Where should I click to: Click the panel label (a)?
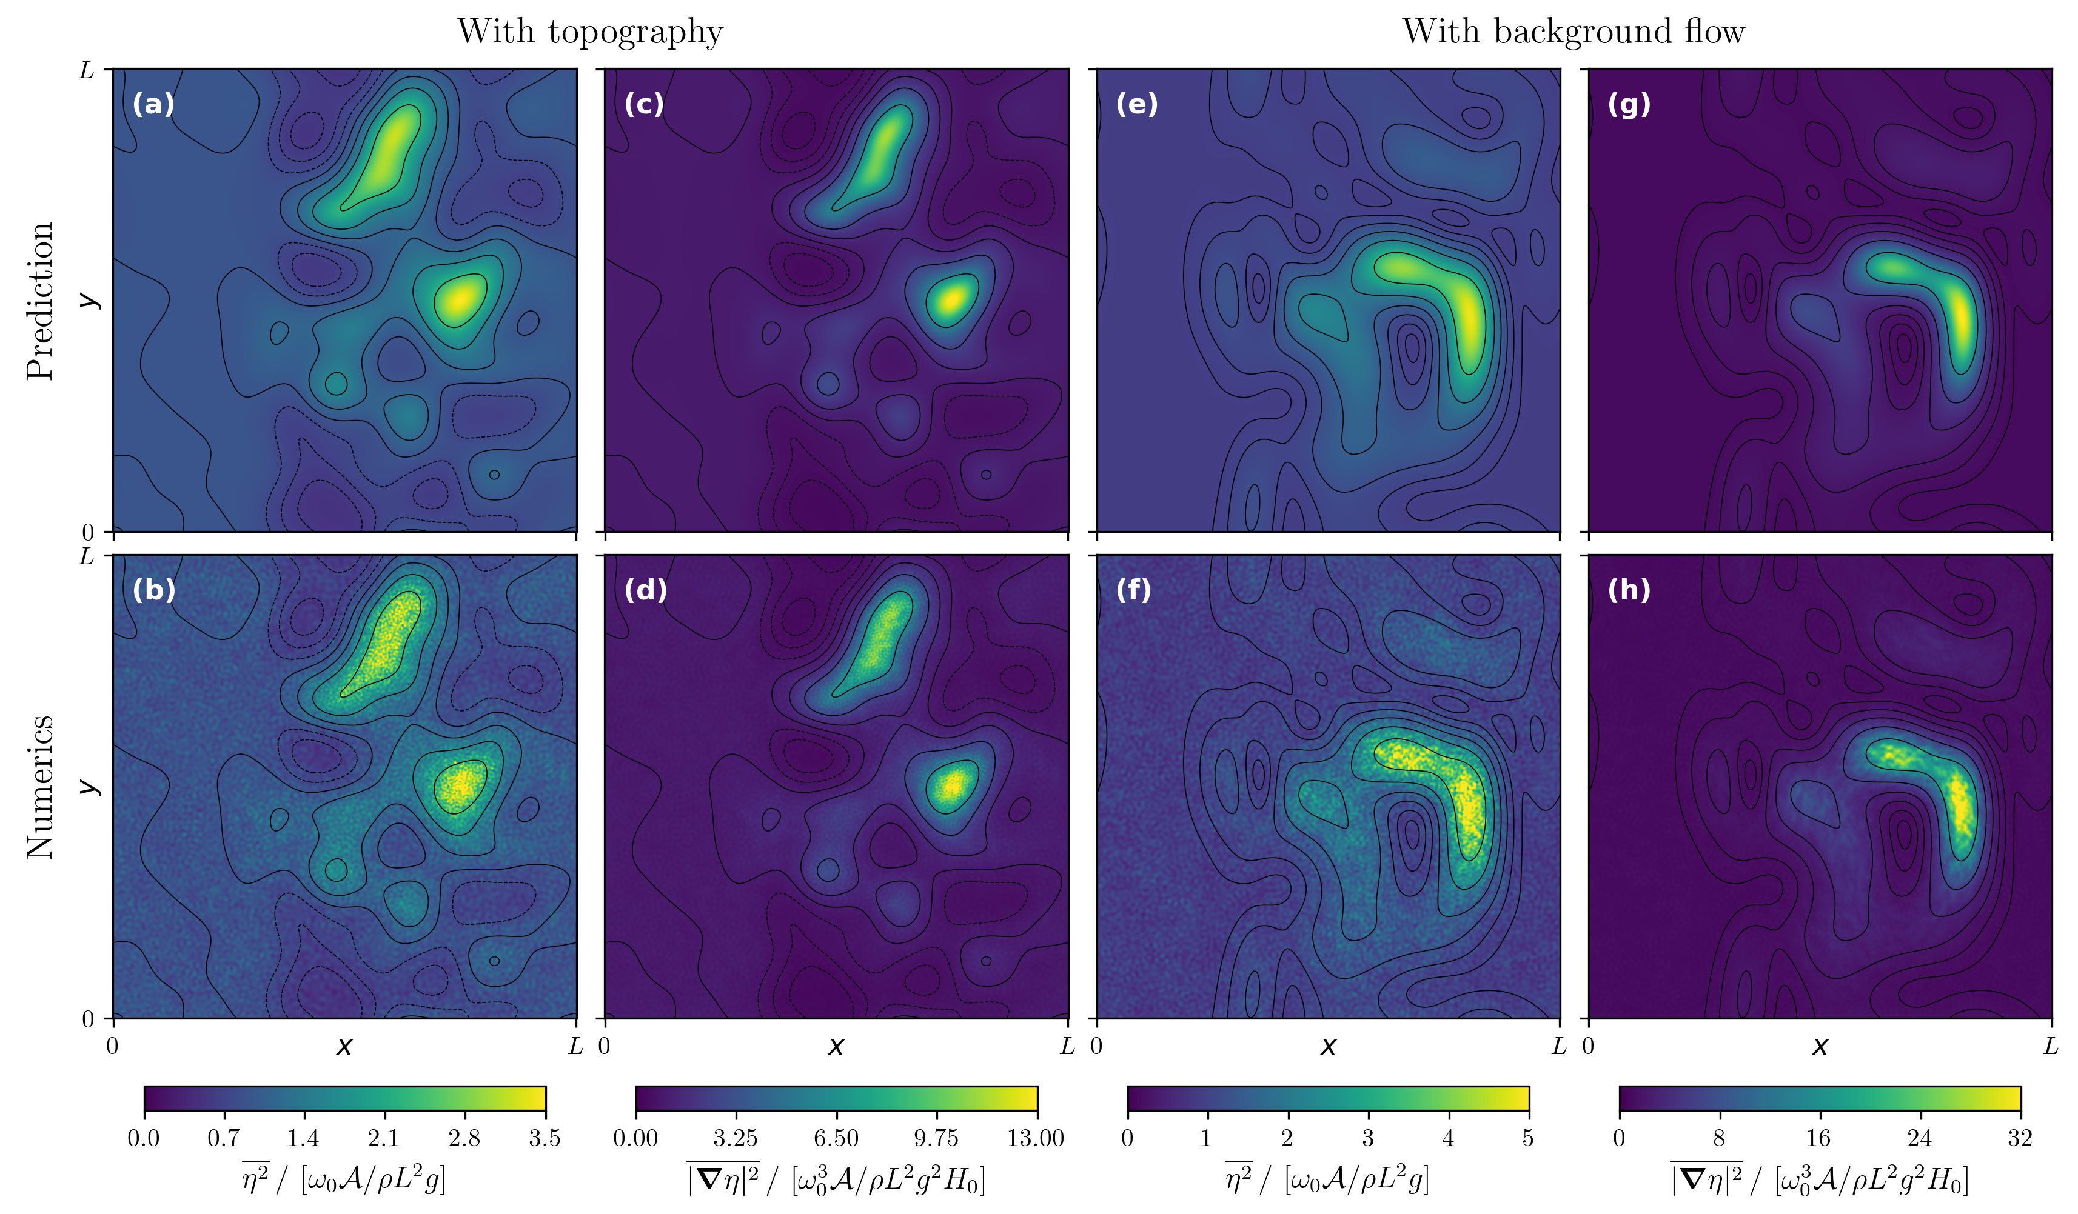[153, 105]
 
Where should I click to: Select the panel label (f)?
[1133, 590]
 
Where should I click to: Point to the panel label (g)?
[1629, 105]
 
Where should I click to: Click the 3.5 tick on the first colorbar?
[545, 1138]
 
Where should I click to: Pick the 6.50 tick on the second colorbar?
[836, 1138]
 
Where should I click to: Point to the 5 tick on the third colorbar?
[1528, 1138]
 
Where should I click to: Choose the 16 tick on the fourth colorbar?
[1818, 1138]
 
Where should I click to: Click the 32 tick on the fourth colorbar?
[2019, 1138]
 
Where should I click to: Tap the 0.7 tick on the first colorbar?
[224, 1138]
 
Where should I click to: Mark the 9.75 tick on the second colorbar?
[936, 1138]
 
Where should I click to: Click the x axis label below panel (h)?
[1820, 1047]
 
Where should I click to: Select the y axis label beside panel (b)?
[89, 787]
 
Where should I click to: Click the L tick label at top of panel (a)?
[87, 71]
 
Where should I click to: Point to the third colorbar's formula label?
[1327, 1179]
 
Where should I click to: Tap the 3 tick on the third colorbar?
[1367, 1138]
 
